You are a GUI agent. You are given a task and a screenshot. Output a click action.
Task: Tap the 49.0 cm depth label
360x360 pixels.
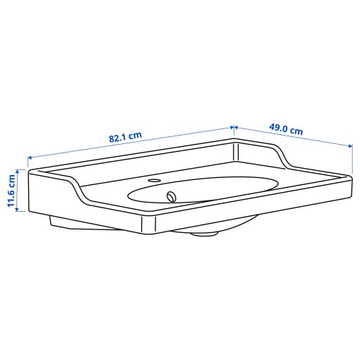coord(287,130)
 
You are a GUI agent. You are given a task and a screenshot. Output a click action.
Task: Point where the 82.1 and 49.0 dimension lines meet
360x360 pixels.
coord(234,127)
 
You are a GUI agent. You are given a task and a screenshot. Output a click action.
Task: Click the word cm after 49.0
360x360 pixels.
coord(296,131)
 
